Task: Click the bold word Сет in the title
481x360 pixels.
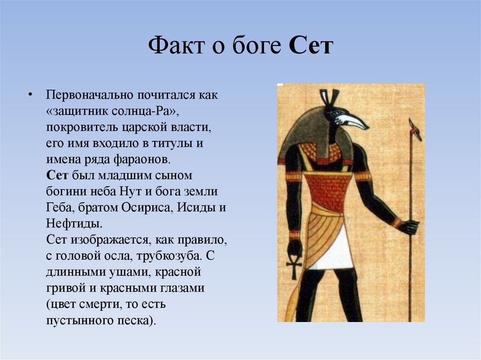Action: pyautogui.click(x=311, y=47)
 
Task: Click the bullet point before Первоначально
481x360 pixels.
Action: pyautogui.click(x=30, y=95)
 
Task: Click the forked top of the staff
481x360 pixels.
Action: pyautogui.click(x=414, y=128)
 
